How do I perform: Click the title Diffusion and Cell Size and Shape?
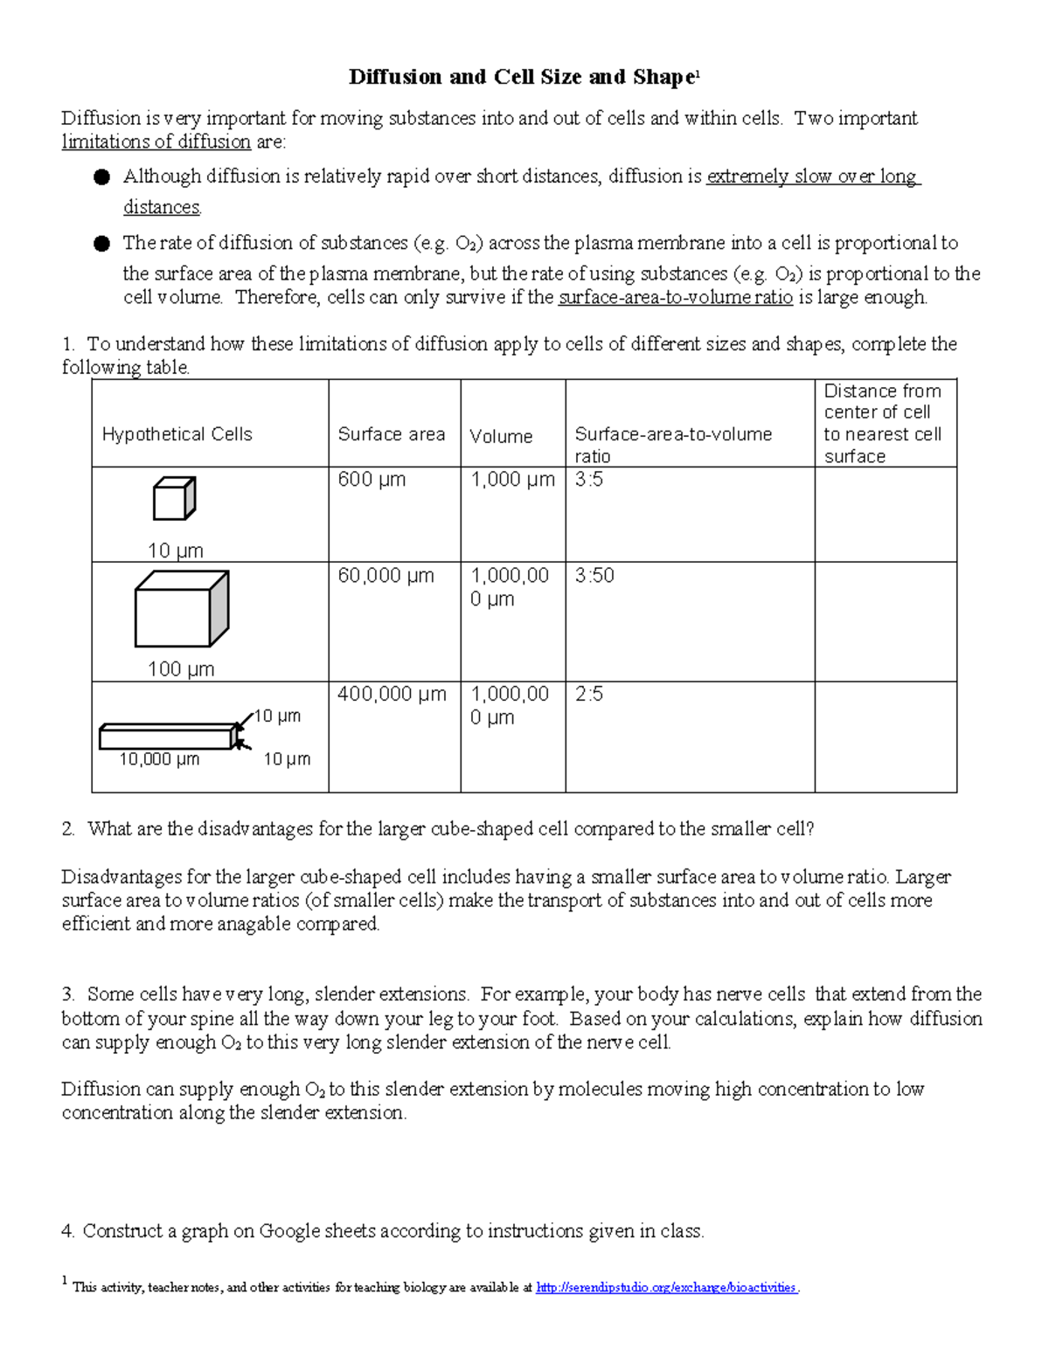pyautogui.click(x=523, y=77)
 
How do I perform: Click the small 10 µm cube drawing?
pyautogui.click(x=174, y=499)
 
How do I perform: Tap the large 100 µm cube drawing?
pyautogui.click(x=181, y=609)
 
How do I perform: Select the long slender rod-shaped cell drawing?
pyautogui.click(x=168, y=737)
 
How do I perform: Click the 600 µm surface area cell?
pyautogui.click(x=372, y=480)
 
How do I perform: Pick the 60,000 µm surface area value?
pyautogui.click(x=386, y=576)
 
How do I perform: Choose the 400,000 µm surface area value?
pyautogui.click(x=392, y=695)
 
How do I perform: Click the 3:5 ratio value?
pyautogui.click(x=589, y=480)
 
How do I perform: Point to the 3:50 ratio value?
pyautogui.click(x=594, y=576)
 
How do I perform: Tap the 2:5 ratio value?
pyautogui.click(x=589, y=695)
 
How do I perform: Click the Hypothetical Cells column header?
pyautogui.click(x=177, y=434)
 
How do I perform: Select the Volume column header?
pyautogui.click(x=501, y=436)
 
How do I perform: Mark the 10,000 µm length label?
pyautogui.click(x=159, y=759)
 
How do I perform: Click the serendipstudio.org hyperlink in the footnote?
pyautogui.click(x=666, y=1287)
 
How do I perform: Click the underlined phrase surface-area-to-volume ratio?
pyautogui.click(x=675, y=297)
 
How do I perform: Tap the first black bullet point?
pyautogui.click(x=101, y=177)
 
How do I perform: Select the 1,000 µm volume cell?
pyautogui.click(x=512, y=480)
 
